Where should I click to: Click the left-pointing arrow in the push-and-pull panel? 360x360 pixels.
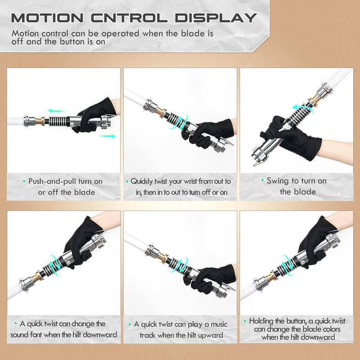tap(55, 110)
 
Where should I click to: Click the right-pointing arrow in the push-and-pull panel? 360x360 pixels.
tap(108, 135)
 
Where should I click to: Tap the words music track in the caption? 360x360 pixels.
tap(158, 335)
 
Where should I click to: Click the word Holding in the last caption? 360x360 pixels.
tap(261, 321)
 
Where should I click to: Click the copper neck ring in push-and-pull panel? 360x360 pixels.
tap(39, 121)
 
